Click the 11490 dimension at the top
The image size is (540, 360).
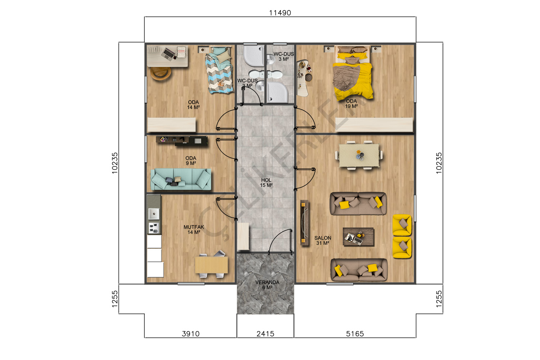click(x=280, y=13)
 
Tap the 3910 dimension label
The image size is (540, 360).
click(x=190, y=334)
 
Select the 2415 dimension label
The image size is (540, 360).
click(x=265, y=334)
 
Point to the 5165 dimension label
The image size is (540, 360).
click(x=355, y=334)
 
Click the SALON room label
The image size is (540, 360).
click(x=323, y=238)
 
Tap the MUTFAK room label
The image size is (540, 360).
click(x=194, y=227)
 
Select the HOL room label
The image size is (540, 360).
click(x=266, y=180)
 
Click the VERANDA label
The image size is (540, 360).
click(x=267, y=282)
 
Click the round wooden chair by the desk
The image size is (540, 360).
click(x=161, y=73)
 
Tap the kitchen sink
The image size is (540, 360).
click(x=154, y=214)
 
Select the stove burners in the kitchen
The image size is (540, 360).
click(x=154, y=228)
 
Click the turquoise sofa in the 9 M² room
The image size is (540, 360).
click(x=181, y=179)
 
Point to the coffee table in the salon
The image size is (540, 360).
click(x=358, y=237)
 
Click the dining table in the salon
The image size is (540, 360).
click(x=359, y=155)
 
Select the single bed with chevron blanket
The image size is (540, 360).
click(x=219, y=70)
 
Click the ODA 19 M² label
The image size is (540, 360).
click(x=351, y=103)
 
